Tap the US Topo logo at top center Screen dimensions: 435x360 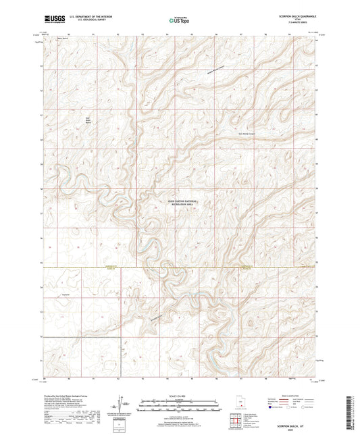coord(179,21)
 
